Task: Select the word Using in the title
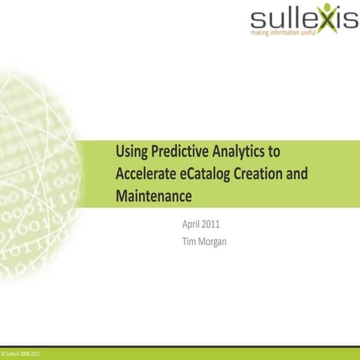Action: click(x=132, y=152)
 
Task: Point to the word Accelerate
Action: click(x=145, y=175)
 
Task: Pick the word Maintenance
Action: click(x=154, y=197)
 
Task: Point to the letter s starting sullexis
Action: click(x=259, y=19)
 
